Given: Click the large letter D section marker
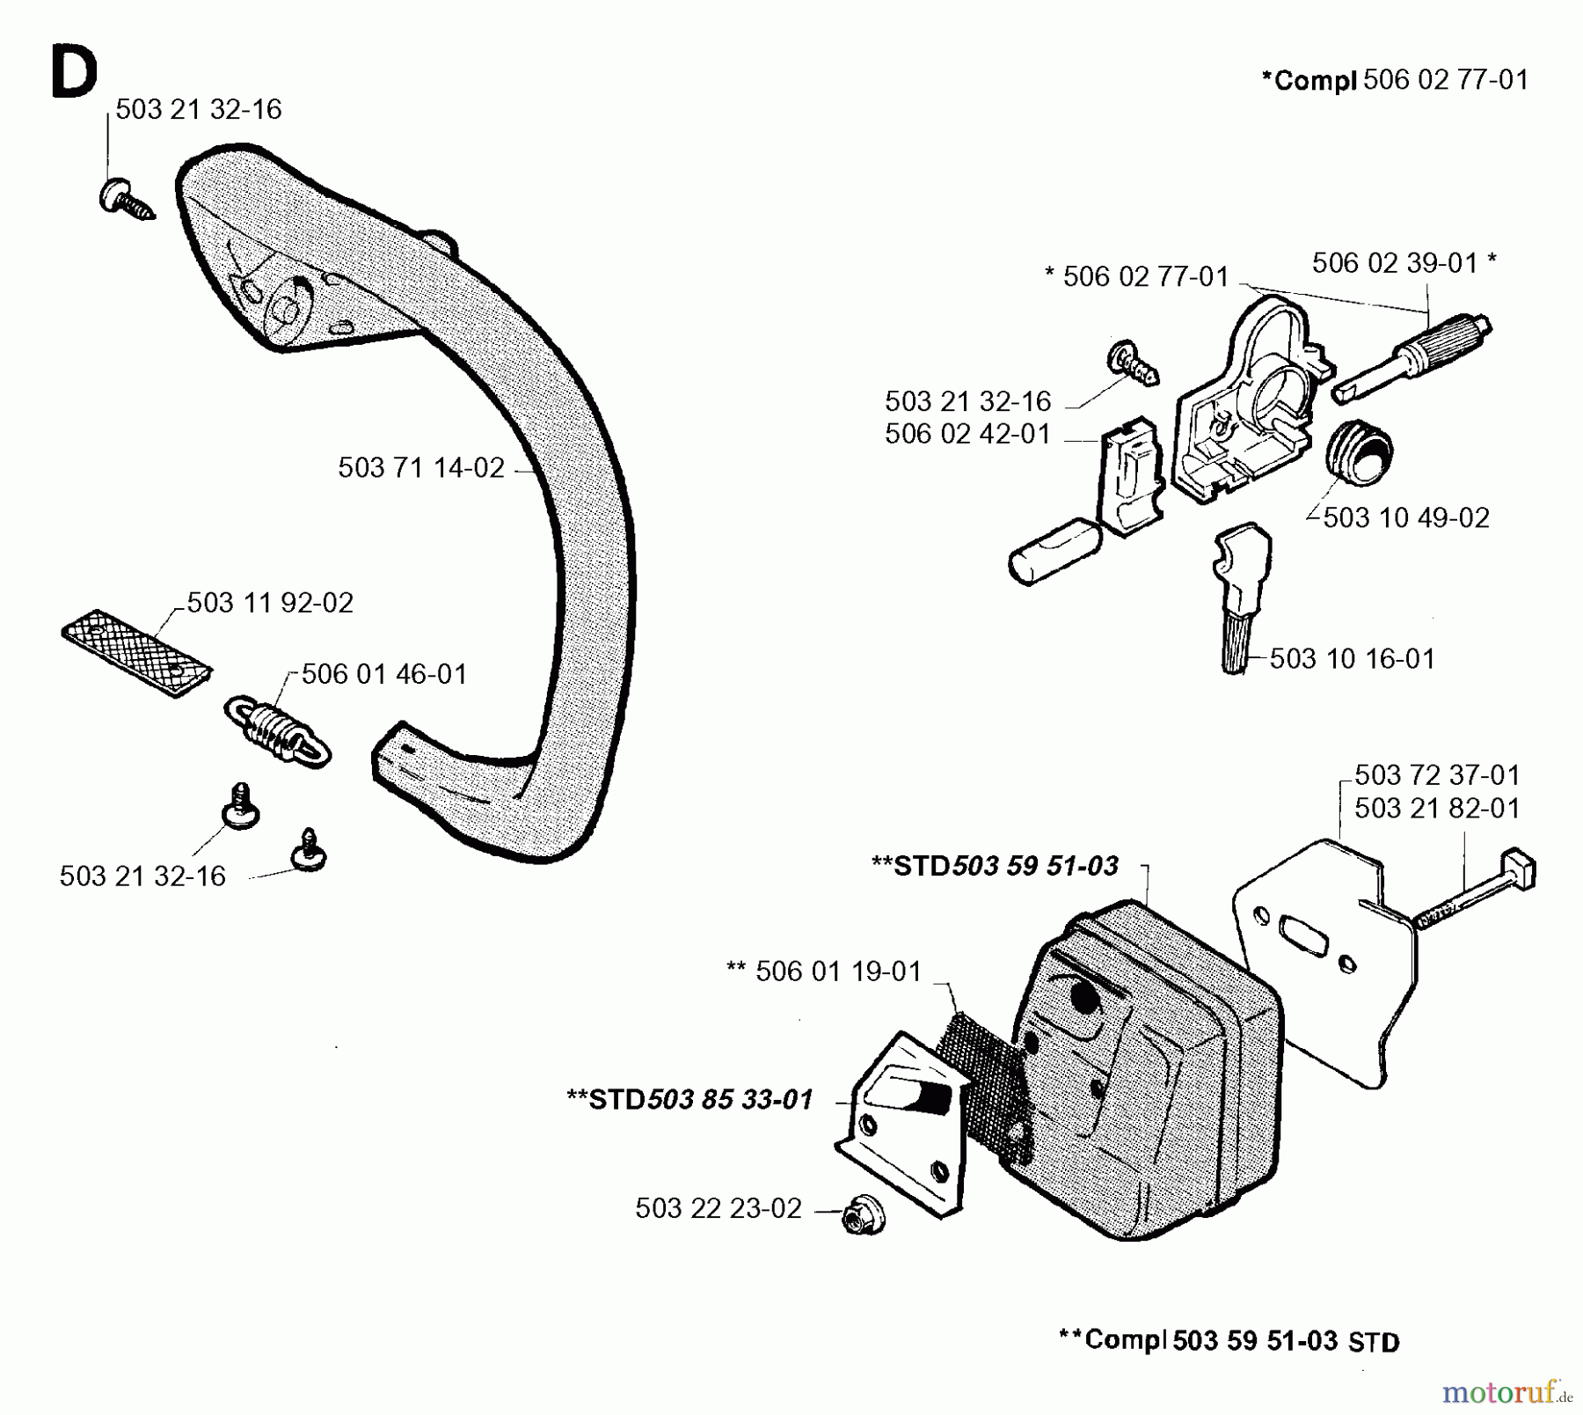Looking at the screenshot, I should [x=74, y=73].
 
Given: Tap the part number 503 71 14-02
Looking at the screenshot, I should [x=421, y=468].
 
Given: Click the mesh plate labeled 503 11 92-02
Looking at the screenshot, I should [x=136, y=653].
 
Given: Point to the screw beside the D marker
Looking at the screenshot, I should [x=124, y=199].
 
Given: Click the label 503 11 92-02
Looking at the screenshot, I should [x=270, y=603].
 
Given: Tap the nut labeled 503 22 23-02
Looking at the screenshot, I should [x=862, y=1217].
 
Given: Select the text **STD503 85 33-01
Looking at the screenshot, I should [x=690, y=1100].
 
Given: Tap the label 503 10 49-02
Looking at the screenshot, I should [x=1405, y=517].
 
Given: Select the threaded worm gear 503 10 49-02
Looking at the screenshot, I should [x=1360, y=450].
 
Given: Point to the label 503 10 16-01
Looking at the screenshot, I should [x=1352, y=659].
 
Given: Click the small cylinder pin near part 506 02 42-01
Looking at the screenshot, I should [x=1053, y=549].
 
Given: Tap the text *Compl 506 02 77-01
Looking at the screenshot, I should [x=1395, y=80].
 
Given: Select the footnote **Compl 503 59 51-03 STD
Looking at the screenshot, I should [x=1229, y=1341].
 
